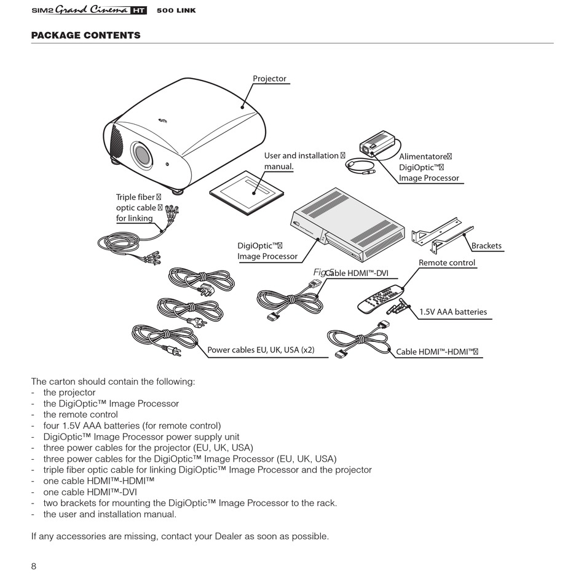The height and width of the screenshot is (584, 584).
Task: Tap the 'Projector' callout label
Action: [x=269, y=79]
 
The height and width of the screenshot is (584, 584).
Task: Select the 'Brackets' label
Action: [x=486, y=246]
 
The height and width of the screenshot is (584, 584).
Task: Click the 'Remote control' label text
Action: [x=447, y=262]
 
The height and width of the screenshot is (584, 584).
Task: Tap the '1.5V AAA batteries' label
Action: [x=452, y=312]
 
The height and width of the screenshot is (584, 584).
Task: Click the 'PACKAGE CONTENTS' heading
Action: [x=85, y=35]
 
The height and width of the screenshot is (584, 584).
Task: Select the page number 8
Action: [x=34, y=566]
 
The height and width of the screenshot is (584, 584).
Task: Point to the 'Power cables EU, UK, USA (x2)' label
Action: [x=261, y=350]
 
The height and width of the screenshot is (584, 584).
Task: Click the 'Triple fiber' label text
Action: [x=136, y=197]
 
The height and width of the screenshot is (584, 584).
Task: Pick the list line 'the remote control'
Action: [x=80, y=414]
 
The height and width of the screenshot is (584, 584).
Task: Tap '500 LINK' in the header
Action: [x=176, y=10]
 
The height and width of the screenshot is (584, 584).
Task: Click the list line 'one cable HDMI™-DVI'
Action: [x=90, y=492]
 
